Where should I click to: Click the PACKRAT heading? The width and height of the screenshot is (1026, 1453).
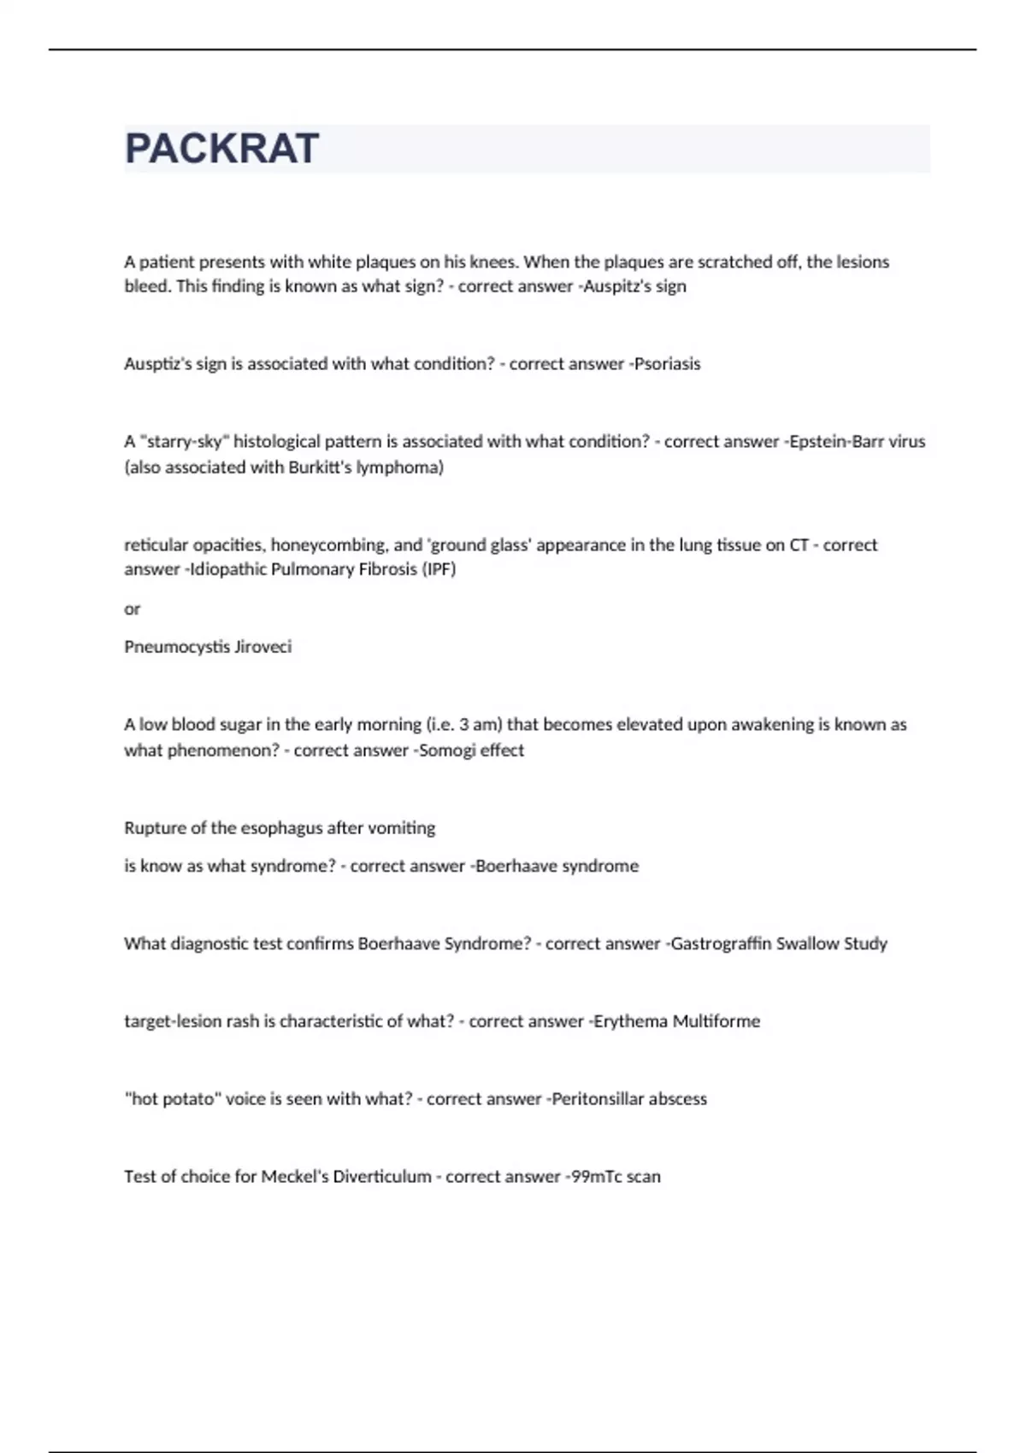coord(222,149)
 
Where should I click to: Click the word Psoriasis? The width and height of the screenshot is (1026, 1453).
coord(667,364)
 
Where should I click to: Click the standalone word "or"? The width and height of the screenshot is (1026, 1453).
coord(132,609)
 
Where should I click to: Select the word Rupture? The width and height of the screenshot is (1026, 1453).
coord(151,828)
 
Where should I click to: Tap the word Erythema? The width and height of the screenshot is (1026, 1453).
coord(630,1021)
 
